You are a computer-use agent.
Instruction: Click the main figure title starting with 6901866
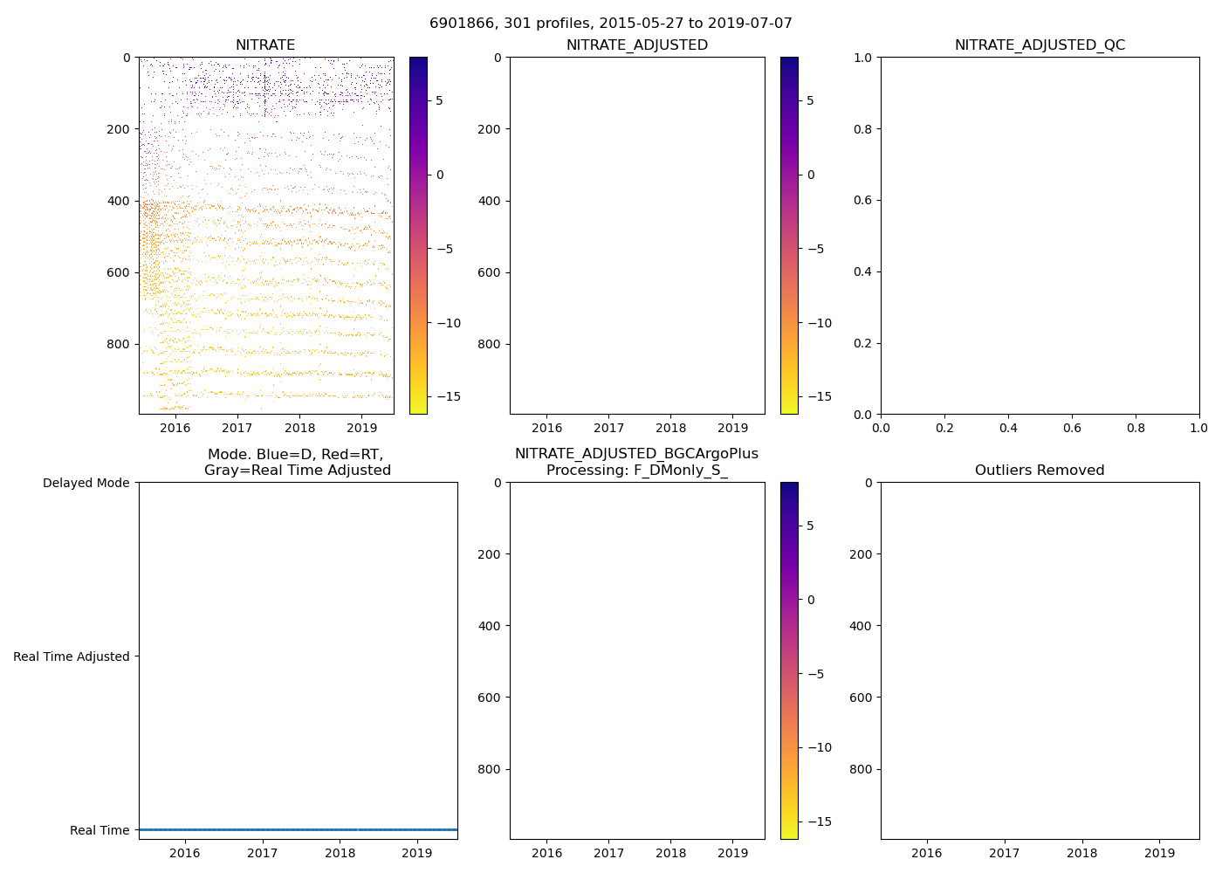tap(610, 24)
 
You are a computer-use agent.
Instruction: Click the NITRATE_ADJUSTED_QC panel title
tap(1040, 45)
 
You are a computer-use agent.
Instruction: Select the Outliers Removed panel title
tap(1040, 471)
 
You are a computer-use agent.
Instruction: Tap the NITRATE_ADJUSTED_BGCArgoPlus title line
tap(636, 454)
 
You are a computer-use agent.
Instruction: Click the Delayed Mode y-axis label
tap(86, 483)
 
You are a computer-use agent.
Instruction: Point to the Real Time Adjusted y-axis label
tap(72, 656)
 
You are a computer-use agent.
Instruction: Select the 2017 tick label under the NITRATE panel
tap(237, 428)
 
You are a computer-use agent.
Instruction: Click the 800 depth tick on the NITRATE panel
tap(120, 344)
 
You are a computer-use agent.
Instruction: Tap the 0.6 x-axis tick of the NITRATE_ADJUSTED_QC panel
tap(1072, 428)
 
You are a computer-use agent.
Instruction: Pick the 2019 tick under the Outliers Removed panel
tap(1159, 853)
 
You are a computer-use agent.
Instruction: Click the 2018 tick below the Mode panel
tap(340, 853)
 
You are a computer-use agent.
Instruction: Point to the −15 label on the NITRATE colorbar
tap(449, 396)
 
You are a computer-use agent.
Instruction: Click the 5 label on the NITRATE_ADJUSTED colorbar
tap(811, 100)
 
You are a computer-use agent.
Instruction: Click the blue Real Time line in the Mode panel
tap(298, 829)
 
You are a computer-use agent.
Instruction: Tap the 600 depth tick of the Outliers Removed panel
tap(862, 698)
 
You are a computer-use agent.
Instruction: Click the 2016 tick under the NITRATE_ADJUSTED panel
tap(546, 428)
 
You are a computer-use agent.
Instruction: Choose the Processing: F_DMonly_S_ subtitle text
tap(636, 471)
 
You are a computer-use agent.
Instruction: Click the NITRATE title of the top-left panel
tap(265, 45)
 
